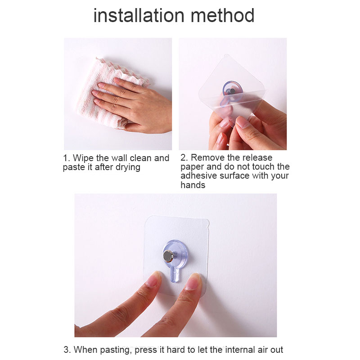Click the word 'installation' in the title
139,15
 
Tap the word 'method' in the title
222,15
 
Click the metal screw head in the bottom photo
168,256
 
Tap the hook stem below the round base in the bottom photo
175,275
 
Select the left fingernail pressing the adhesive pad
153,279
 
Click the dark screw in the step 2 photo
231,91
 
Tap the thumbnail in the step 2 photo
243,122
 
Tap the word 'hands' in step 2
193,185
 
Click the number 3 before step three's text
66,350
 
